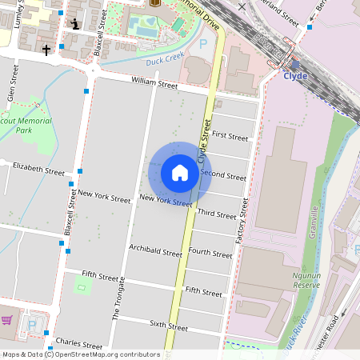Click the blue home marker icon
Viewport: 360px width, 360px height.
pos(180,173)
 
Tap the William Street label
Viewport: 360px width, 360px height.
pos(154,82)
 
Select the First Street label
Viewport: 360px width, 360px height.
pos(230,137)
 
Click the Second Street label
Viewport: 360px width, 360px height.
pos(223,174)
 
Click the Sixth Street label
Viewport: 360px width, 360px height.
pos(169,326)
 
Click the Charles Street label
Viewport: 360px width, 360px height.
pos(78,342)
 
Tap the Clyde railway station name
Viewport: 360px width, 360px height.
pos(295,78)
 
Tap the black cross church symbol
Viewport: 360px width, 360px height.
pos(46,50)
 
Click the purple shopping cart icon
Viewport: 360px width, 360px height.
pos(7,321)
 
